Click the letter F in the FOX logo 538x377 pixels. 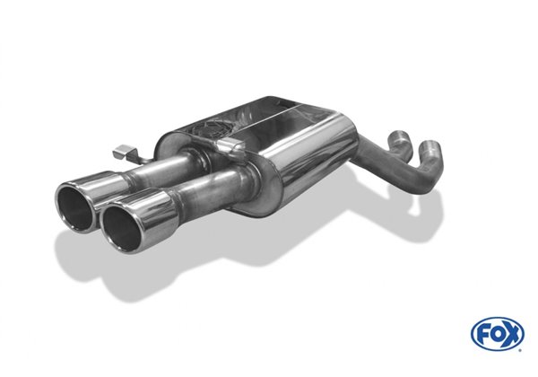tap(486, 334)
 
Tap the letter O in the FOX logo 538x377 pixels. tap(499, 334)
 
